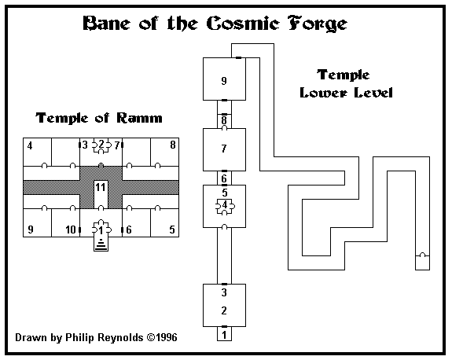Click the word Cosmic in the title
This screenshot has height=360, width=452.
(x=243, y=24)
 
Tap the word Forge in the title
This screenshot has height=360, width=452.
(x=317, y=24)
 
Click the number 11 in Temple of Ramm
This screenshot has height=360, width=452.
(x=101, y=187)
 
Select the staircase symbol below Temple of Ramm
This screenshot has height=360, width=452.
(x=101, y=244)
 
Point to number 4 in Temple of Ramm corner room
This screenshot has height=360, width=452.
(x=30, y=146)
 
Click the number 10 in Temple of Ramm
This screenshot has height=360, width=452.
(x=71, y=230)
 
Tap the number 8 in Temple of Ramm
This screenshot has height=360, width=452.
(x=173, y=145)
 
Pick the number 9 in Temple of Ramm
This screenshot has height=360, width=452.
(x=31, y=230)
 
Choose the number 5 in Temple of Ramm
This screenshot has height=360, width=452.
(x=172, y=230)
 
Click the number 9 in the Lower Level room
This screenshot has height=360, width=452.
(x=224, y=81)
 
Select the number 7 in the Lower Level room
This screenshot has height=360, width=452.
(x=224, y=149)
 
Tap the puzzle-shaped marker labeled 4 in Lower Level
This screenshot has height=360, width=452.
(x=225, y=206)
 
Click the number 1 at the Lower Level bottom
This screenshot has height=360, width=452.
(x=224, y=335)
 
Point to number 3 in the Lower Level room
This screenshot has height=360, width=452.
(x=224, y=292)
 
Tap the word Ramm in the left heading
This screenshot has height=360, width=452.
(x=139, y=118)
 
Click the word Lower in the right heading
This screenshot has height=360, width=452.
(x=323, y=93)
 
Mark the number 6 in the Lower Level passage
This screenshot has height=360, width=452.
(x=224, y=178)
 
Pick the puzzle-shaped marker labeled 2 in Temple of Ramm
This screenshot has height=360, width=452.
(x=101, y=145)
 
